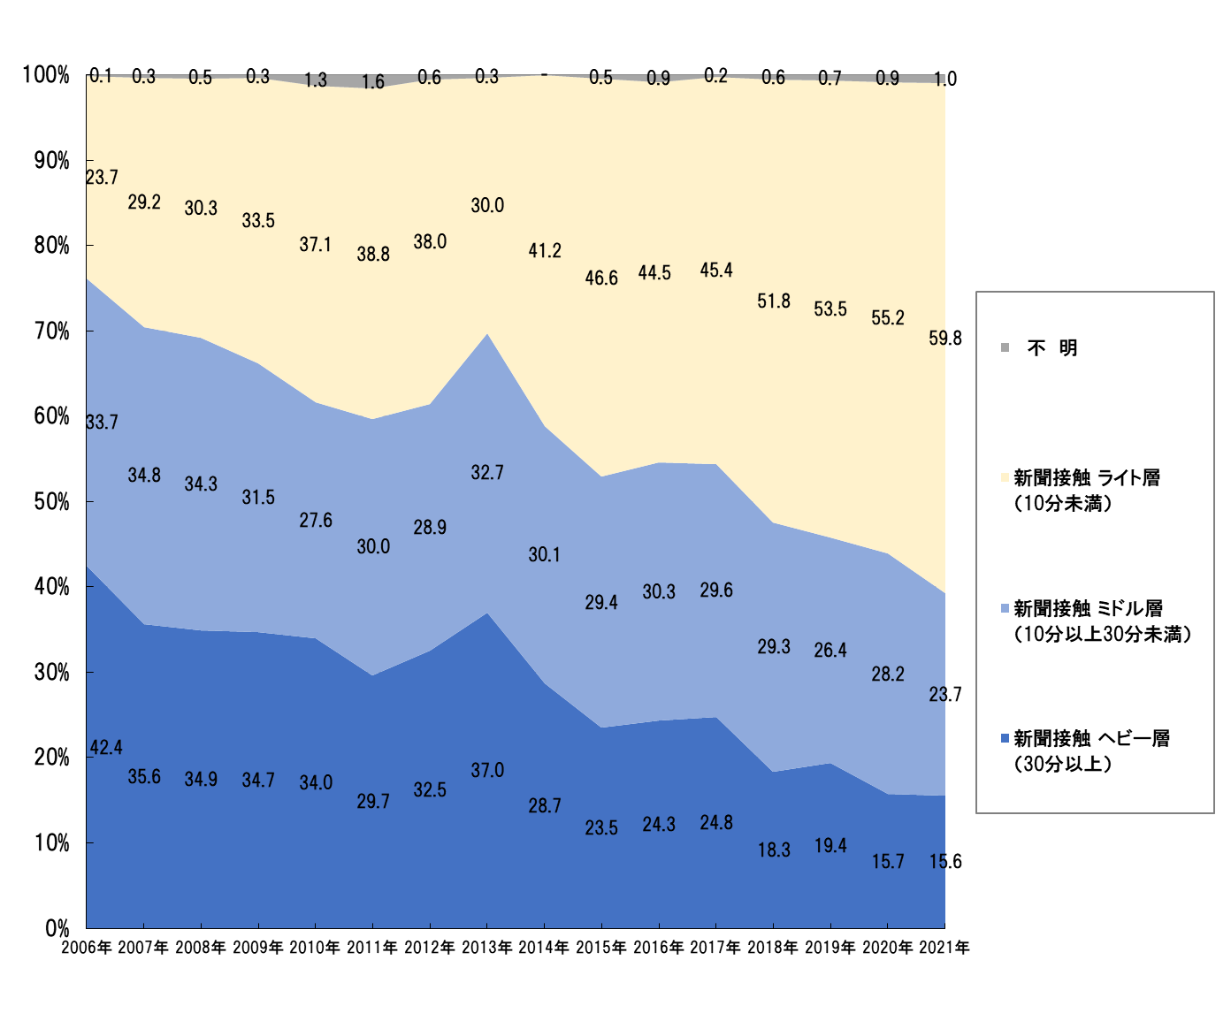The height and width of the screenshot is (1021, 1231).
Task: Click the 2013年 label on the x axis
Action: pyautogui.click(x=486, y=948)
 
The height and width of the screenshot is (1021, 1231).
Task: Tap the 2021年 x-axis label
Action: pyautogui.click(x=944, y=948)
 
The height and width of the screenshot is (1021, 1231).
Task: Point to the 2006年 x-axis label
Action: pyautogui.click(x=87, y=948)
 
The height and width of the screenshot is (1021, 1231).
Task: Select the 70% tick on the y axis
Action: pyautogui.click(x=51, y=331)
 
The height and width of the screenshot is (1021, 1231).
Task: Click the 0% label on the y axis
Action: pyautogui.click(x=57, y=928)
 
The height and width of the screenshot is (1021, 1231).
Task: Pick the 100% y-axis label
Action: pyautogui.click(x=46, y=75)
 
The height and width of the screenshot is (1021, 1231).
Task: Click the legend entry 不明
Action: pyautogui.click(x=1051, y=348)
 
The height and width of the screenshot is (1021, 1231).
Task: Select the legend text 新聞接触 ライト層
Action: pyautogui.click(x=1086, y=478)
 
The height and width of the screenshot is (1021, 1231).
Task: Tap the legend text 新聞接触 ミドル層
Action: pyautogui.click(x=1088, y=608)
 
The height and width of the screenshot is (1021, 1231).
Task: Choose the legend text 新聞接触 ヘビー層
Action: pyautogui.click(x=1091, y=738)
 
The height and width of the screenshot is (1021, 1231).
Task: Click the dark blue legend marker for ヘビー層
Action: pyautogui.click(x=1005, y=738)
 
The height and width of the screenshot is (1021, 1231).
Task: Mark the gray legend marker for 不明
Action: pyautogui.click(x=1005, y=347)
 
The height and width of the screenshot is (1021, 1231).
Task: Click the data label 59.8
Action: pyautogui.click(x=944, y=339)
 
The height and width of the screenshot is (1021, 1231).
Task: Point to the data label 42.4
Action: pyautogui.click(x=106, y=748)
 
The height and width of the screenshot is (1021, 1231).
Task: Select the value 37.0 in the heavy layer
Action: pyautogui.click(x=486, y=771)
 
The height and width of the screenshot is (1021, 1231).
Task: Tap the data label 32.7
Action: pyautogui.click(x=486, y=473)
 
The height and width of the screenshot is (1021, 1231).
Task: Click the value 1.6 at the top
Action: pyautogui.click(x=373, y=82)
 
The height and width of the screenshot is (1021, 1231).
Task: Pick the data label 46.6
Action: pyautogui.click(x=601, y=278)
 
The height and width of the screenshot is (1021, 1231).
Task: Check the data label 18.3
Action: pyautogui.click(x=774, y=850)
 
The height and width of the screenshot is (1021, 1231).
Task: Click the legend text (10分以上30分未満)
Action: pyautogui.click(x=1102, y=634)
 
